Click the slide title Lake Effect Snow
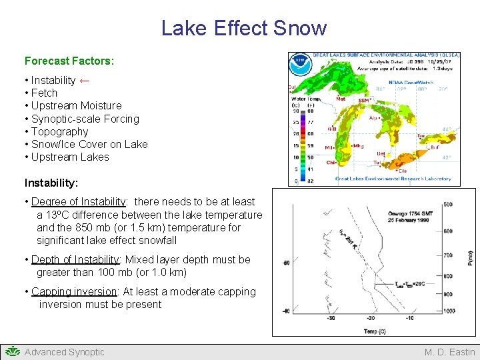pyautogui.click(x=243, y=28)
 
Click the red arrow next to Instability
pyautogui.click(x=85, y=80)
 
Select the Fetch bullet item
pyautogui.click(x=44, y=93)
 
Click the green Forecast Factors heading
pyautogui.click(x=69, y=61)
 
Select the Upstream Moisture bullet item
pyautogui.click(x=76, y=105)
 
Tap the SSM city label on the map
pyautogui.click(x=364, y=100)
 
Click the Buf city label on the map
pyautogui.click(x=435, y=147)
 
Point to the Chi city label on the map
pyautogui.click(x=331, y=162)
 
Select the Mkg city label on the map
pyautogui.click(x=358, y=145)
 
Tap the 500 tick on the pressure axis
pyautogui.click(x=447, y=205)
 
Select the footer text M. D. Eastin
pyautogui.click(x=449, y=352)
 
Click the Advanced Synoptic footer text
pyautogui.click(x=64, y=352)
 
